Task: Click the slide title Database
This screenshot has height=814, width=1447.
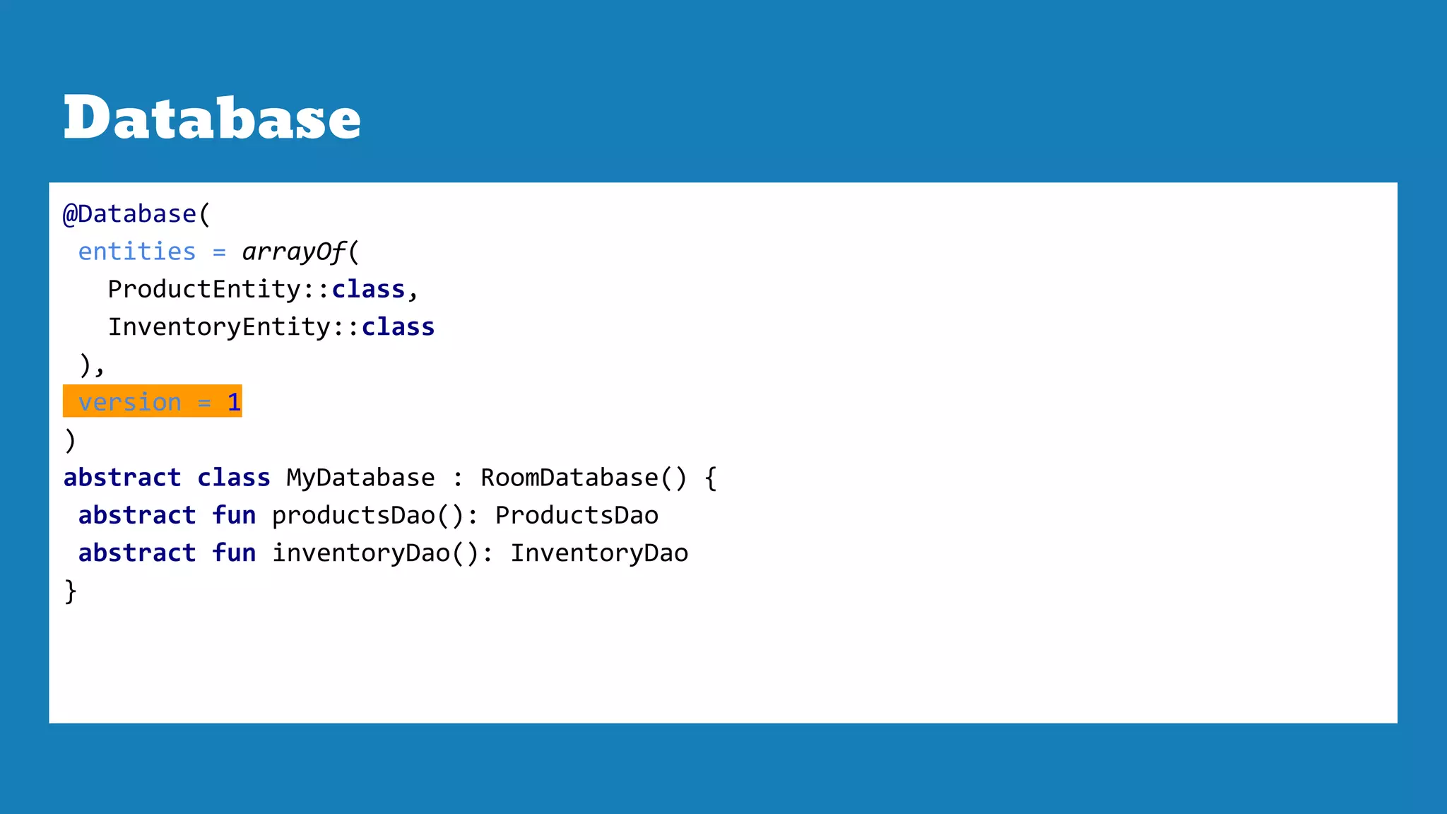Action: click(212, 118)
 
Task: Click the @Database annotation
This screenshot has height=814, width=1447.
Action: click(129, 214)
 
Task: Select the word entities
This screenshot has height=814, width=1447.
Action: click(137, 252)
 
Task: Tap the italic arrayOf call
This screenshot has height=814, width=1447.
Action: click(294, 252)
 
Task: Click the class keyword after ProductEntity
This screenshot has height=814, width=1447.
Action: click(368, 290)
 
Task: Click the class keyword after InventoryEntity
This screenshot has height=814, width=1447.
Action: click(398, 327)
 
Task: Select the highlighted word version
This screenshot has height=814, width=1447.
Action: click(130, 402)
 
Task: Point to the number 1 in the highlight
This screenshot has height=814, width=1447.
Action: click(234, 402)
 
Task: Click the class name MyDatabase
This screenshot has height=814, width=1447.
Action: click(360, 478)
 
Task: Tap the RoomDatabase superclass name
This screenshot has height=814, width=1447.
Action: click(569, 478)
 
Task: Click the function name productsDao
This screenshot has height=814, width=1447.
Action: click(353, 516)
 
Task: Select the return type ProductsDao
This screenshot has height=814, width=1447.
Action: click(577, 516)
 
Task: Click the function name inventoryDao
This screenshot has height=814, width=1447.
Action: click(361, 553)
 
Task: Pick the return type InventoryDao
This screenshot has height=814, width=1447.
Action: click(599, 553)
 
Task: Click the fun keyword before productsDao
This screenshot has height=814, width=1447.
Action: click(234, 516)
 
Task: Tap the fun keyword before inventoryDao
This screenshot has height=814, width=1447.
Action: click(234, 553)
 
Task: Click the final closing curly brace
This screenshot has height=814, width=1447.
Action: click(71, 591)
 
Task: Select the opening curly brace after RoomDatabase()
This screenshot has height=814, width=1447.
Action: click(710, 478)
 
